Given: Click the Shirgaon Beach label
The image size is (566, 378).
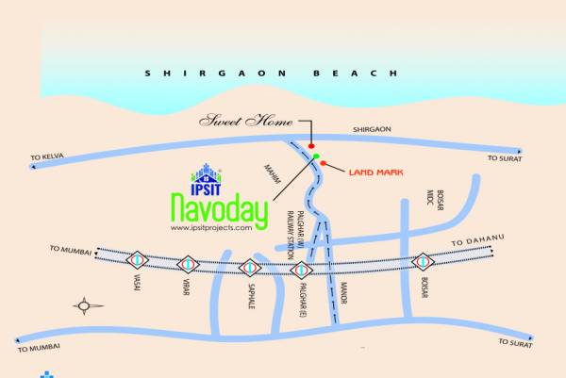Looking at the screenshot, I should pos(272,73).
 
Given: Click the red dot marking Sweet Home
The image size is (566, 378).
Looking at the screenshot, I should pos(311,146).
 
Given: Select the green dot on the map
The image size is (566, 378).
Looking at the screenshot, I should pos(317,156).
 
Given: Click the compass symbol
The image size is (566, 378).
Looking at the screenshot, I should pos(90,304).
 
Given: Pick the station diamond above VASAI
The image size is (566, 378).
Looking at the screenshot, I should pos(138,258).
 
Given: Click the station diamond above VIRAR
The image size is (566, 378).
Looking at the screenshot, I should pos(190,263).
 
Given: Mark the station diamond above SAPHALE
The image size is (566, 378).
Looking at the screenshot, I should pos(249,268).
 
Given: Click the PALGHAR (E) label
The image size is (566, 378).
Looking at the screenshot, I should pos(304,299).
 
